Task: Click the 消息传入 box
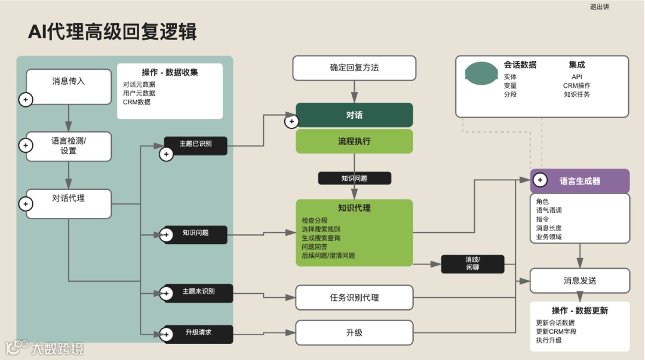point(69,87)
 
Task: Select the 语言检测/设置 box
point(69,146)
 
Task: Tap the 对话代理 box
point(69,203)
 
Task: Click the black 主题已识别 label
point(196,144)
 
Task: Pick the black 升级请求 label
point(199,333)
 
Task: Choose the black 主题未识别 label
point(199,293)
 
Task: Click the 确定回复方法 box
point(354,68)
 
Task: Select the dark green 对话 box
point(354,115)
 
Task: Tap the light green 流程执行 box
point(354,141)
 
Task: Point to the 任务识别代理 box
point(354,297)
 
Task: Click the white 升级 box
point(354,333)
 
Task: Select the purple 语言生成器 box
point(580,181)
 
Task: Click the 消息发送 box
point(580,281)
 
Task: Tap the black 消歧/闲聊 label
point(472,264)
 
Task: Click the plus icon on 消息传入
point(25,100)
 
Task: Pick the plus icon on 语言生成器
point(540,180)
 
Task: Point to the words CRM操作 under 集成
point(576,85)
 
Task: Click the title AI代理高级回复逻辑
point(112,32)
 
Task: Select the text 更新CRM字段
point(556,331)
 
